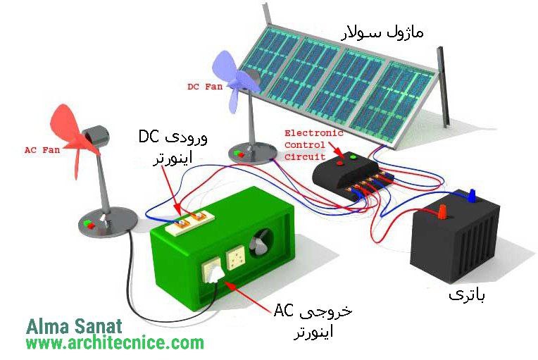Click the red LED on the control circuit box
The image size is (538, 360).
coord(340,163)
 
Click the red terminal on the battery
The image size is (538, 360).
coord(442,211)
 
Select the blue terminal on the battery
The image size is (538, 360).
coord(473,195)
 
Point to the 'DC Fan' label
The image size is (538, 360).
coord(205,87)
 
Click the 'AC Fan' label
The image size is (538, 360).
coord(42,150)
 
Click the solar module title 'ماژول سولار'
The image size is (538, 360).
coord(382,32)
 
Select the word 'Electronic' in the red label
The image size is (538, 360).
coord(314,133)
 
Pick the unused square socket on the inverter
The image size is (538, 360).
coord(236,259)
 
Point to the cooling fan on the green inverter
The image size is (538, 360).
coord(261,244)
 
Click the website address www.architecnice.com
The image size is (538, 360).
coord(115,343)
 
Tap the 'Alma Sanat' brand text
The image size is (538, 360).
coord(74,326)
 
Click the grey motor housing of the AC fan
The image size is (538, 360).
coord(95,135)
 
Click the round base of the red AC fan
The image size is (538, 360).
coord(108,221)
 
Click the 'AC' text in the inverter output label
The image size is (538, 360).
coord(283,311)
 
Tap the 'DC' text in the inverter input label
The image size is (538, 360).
coord(149,137)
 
